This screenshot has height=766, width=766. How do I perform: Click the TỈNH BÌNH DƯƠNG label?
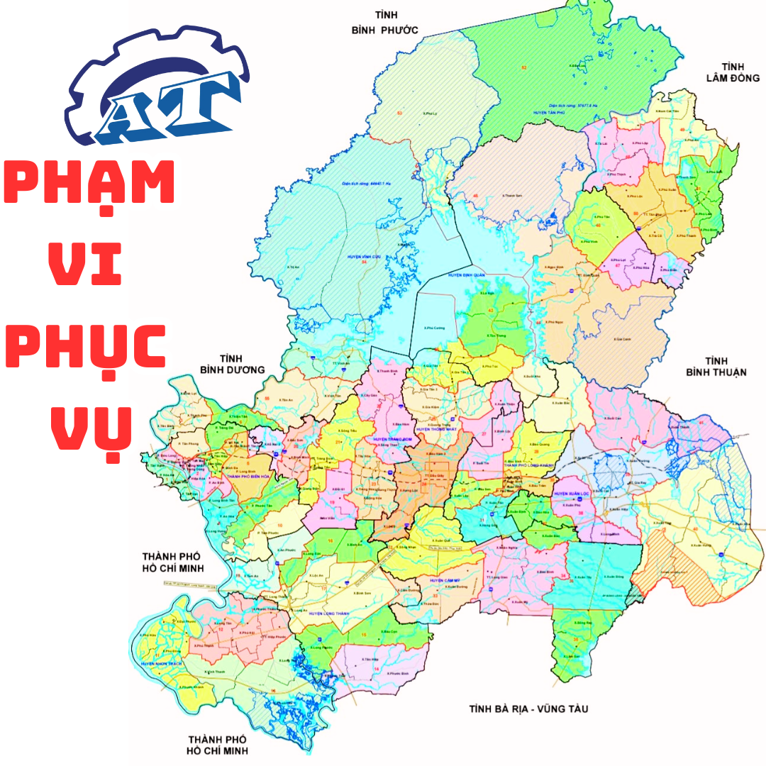[x=232, y=364]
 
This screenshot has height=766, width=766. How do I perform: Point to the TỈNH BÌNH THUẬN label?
[x=716, y=367]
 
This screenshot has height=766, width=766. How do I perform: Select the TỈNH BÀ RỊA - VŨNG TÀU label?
[x=529, y=709]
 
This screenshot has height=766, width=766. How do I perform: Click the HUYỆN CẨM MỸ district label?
[x=445, y=581]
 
